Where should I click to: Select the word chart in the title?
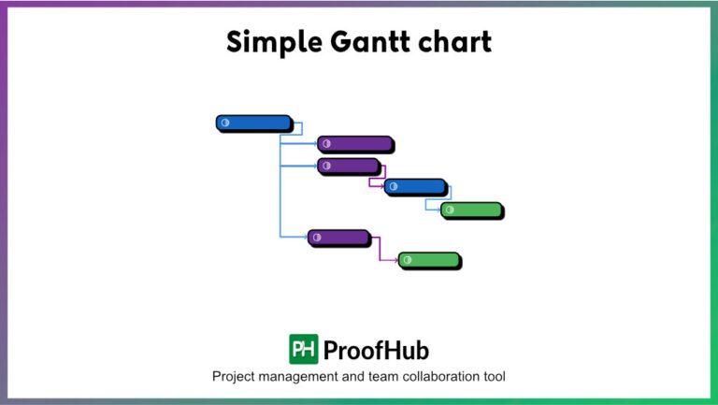point(452,42)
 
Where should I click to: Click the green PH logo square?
point(303,349)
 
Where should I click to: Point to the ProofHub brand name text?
point(376,350)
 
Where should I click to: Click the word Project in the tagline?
point(236,377)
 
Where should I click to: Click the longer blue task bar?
point(253,123)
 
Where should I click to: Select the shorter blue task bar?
point(415,186)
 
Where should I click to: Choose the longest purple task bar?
point(354,143)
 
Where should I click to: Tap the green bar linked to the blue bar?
point(471,210)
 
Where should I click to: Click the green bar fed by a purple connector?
point(429,259)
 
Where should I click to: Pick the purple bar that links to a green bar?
point(338,238)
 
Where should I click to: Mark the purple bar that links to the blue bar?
point(348,166)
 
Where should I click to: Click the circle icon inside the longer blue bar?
point(225,123)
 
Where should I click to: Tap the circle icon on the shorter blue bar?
point(394,186)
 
